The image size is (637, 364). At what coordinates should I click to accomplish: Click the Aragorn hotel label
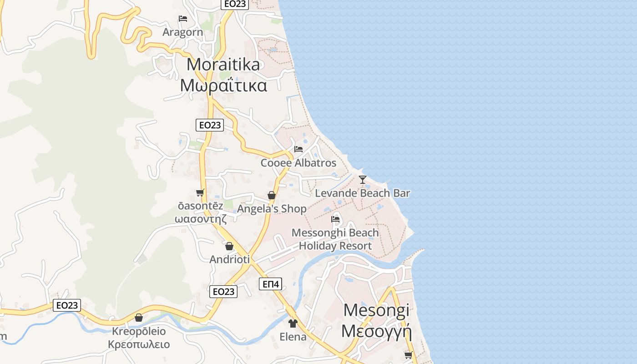click(182, 32)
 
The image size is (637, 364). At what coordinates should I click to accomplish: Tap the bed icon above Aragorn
click(183, 19)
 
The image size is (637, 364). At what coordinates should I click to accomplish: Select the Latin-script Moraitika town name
click(223, 64)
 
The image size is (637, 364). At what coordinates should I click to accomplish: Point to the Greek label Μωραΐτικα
click(223, 85)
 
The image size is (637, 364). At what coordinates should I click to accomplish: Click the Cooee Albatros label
click(298, 163)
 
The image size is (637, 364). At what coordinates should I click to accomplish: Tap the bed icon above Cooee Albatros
click(298, 149)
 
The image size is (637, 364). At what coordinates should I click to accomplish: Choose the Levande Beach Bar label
click(363, 193)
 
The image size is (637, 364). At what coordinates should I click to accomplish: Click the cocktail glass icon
click(363, 180)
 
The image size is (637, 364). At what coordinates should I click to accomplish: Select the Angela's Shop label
click(272, 209)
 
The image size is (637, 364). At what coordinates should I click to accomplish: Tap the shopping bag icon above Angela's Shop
click(272, 195)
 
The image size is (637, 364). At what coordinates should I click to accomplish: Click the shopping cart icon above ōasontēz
click(200, 193)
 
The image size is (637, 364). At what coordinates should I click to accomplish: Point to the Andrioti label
click(229, 259)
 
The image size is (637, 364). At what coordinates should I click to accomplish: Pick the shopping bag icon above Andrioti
click(229, 246)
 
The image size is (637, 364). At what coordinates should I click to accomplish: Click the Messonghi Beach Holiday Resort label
click(335, 239)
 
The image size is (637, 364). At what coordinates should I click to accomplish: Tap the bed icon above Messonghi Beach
click(335, 219)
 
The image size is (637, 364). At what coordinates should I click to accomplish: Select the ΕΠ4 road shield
click(271, 284)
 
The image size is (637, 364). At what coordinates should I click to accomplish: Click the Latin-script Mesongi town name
click(376, 310)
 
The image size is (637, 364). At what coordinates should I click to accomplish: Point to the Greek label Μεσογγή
click(376, 331)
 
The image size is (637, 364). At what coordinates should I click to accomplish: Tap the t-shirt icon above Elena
click(293, 324)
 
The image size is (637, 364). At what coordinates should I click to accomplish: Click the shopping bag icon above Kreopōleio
click(139, 318)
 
